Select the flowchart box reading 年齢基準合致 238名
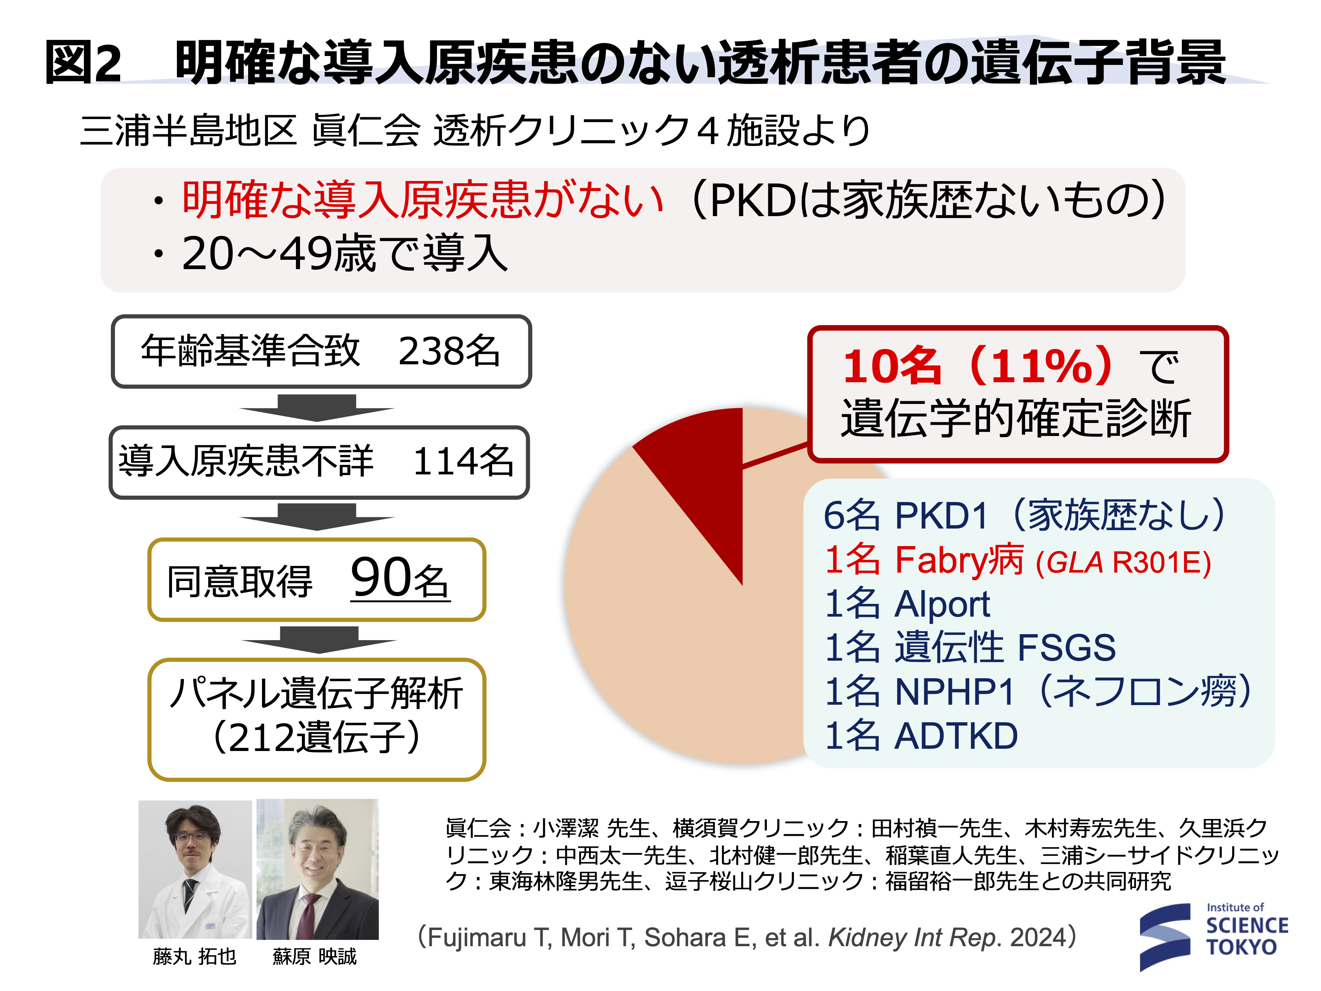pos(321,351)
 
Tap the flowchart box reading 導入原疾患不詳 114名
pos(319,462)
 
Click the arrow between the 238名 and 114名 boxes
pos(317,407)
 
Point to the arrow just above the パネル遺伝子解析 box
pos(319,640)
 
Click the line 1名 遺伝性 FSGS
pos(970,648)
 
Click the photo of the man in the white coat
pos(195,869)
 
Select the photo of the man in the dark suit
pos(318,869)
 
